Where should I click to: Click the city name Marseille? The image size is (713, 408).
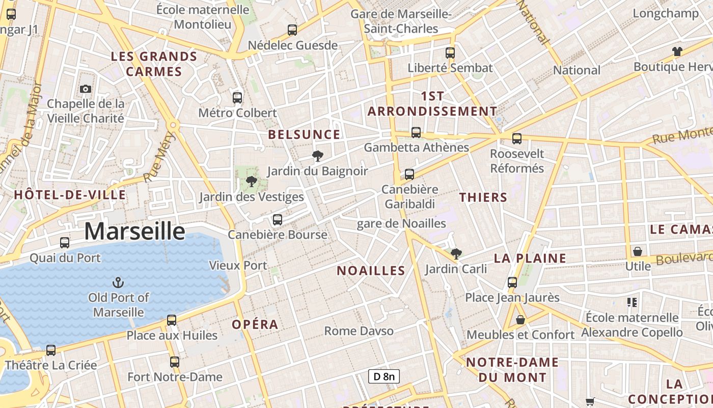point(134,231)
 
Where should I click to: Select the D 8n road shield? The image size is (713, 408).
point(383,376)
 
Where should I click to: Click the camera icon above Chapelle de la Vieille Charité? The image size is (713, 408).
point(86,89)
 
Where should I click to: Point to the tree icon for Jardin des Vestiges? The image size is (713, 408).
point(251,181)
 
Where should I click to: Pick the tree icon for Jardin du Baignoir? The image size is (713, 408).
point(318,156)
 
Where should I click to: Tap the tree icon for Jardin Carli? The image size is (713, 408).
point(456,253)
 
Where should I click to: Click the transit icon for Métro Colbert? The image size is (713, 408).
point(237,97)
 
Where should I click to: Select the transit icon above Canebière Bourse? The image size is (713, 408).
point(277,219)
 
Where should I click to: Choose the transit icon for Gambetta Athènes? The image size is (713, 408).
point(416,132)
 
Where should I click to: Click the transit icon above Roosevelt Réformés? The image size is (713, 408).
point(517,138)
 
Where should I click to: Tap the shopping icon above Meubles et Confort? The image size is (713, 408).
point(520,320)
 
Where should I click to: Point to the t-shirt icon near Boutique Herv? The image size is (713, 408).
point(677,51)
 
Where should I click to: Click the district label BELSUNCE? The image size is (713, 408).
point(304,135)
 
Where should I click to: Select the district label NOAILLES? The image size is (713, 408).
point(371,271)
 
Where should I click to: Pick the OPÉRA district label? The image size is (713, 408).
point(255,324)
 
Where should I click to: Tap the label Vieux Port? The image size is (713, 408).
point(238,265)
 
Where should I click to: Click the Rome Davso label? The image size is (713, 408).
point(359,331)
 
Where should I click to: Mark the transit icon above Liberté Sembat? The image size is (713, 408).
point(450,53)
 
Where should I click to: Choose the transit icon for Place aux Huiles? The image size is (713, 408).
point(172,320)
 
